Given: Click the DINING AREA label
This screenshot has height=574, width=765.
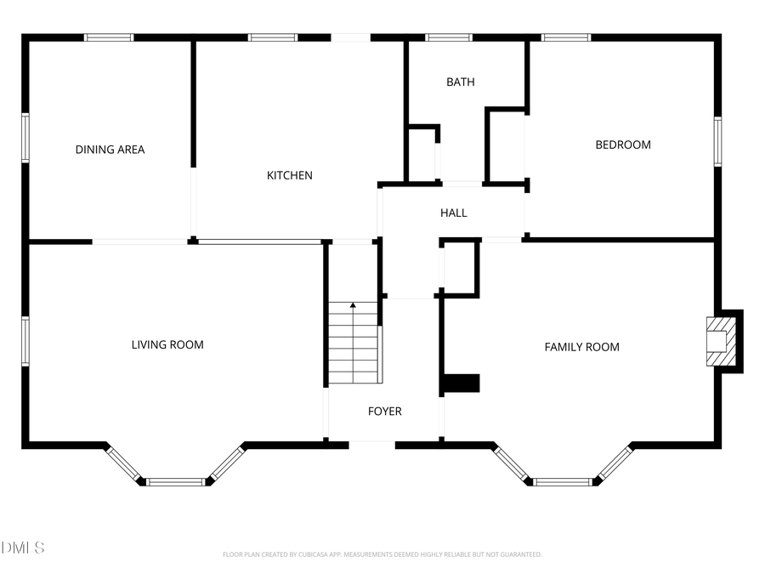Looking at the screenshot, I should (x=110, y=150).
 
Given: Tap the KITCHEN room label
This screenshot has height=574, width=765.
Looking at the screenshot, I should (x=290, y=175).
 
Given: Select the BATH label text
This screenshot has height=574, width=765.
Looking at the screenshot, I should (x=461, y=82).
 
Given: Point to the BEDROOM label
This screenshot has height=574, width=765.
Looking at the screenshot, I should (x=622, y=145).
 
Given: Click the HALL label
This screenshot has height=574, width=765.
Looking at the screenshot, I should (x=453, y=213).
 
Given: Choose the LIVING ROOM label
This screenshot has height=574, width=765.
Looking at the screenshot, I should (x=167, y=344).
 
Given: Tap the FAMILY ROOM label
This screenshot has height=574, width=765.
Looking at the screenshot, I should (x=581, y=347).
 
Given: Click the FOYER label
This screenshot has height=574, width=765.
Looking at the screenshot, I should (x=384, y=411).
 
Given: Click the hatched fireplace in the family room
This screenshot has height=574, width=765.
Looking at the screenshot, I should (x=720, y=342).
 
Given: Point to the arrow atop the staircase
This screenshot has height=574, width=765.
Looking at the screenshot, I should (x=353, y=304).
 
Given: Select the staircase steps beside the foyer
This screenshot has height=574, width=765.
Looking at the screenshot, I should (x=353, y=344).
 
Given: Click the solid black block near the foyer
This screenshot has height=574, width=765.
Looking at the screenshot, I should (x=460, y=384).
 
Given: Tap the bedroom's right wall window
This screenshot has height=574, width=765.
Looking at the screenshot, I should (x=717, y=141).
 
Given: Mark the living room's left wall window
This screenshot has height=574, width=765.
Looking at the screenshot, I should (x=25, y=342).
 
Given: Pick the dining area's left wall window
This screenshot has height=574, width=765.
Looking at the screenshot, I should (x=25, y=138).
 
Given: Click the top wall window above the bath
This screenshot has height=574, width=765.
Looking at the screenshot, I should (x=449, y=37).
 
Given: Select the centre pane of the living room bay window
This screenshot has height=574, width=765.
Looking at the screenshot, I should (x=176, y=482).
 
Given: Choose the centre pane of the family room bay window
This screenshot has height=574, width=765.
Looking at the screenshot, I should (x=563, y=482).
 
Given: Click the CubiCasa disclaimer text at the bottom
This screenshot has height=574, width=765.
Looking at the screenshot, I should (x=382, y=554).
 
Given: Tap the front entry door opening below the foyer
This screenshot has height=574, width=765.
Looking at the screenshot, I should (x=371, y=443).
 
